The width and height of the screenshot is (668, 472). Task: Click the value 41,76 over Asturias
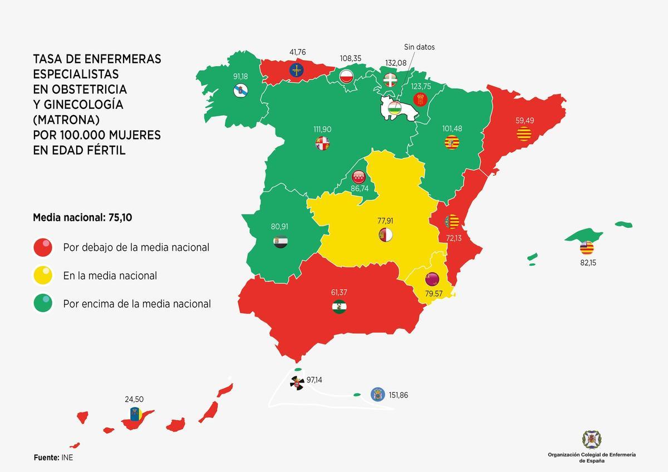(297, 53)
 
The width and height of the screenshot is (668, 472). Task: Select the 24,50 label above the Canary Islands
(135, 399)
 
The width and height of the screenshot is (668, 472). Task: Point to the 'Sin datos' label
(419, 47)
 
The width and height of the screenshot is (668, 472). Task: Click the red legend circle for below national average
(43, 247)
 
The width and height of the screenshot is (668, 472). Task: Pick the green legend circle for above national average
(43, 304)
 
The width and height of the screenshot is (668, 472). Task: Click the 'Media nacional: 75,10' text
(82, 218)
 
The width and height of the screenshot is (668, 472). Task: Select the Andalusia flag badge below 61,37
(339, 307)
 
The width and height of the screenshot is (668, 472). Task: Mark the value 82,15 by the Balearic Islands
(588, 262)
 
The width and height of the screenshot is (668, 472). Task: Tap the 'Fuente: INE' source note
(53, 458)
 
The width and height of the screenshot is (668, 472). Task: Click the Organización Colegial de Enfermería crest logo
(592, 439)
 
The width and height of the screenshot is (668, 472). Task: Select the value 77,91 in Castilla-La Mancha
(385, 221)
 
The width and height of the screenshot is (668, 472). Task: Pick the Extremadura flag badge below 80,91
(280, 242)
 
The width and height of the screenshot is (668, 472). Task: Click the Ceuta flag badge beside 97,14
(297, 382)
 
